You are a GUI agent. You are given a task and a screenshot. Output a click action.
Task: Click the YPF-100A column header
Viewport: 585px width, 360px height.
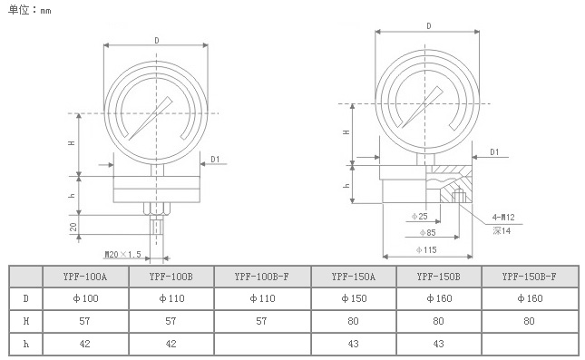[85, 277]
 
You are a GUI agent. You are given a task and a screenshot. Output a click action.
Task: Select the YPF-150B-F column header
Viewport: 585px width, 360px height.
[529, 277]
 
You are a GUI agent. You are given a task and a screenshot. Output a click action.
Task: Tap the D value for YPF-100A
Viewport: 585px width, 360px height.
[85, 298]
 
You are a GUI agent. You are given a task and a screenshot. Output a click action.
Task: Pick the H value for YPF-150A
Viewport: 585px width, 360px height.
[353, 321]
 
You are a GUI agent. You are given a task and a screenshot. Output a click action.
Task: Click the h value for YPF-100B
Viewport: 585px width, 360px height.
[171, 344]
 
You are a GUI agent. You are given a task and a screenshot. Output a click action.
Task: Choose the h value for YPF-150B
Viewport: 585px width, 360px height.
[438, 344]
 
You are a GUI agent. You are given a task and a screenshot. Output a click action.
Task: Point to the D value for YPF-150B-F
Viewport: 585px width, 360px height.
[530, 298]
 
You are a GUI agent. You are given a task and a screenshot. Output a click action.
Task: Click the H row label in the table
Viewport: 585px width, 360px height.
[25, 321]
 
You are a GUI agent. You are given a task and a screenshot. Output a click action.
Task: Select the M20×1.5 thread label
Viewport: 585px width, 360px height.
[122, 255]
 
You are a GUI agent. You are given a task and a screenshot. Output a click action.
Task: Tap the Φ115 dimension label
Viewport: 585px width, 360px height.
[426, 249]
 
